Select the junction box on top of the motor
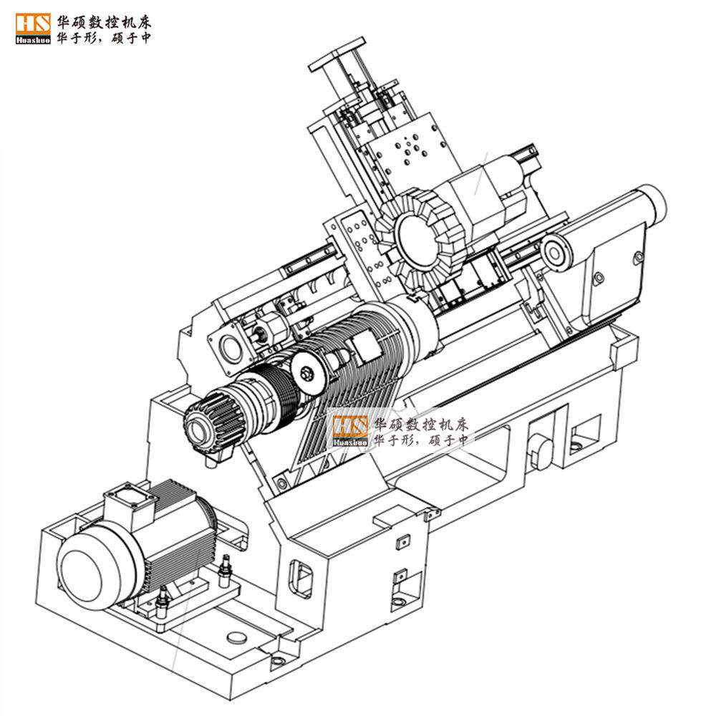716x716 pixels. click(129, 503)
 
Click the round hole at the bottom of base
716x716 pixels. click(233, 636)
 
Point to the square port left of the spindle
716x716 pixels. click(228, 347)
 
